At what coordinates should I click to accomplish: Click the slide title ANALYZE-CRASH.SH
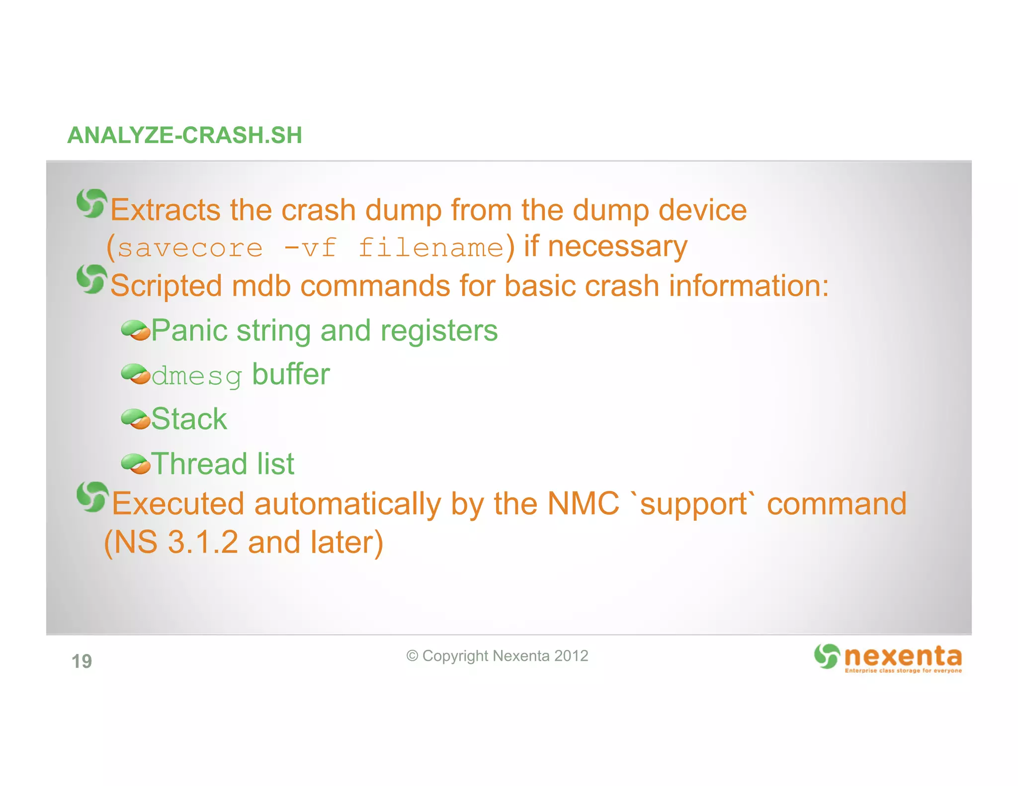pos(184,135)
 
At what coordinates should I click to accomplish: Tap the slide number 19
pos(82,661)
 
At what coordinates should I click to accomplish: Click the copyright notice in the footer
pos(497,656)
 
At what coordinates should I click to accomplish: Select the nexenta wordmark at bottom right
pos(903,657)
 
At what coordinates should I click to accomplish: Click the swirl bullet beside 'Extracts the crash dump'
pos(92,203)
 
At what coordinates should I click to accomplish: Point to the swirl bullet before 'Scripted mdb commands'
pos(92,279)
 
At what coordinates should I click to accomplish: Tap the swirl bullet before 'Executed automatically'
pos(92,496)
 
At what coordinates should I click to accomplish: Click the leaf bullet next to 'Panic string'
pos(135,330)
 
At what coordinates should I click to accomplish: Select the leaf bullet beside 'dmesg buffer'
pos(135,374)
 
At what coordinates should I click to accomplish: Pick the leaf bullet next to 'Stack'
pos(135,419)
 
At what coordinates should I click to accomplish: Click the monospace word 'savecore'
pos(190,248)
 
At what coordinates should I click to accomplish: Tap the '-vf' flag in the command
pos(310,248)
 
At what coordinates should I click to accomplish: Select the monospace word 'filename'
pos(431,248)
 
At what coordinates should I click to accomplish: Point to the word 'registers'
pos(439,330)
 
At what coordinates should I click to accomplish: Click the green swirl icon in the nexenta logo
pos(827,656)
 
